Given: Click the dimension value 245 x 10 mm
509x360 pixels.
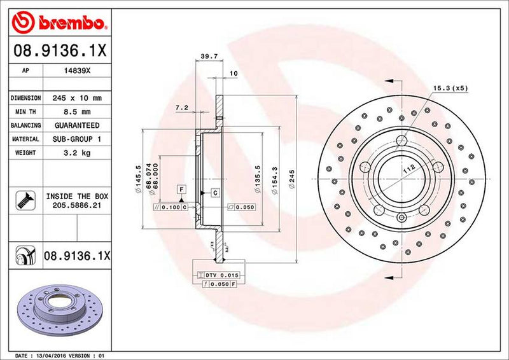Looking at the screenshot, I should [79, 98].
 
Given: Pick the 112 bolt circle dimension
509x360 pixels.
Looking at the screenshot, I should [407, 170].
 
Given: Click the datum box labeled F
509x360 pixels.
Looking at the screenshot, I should [181, 190].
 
